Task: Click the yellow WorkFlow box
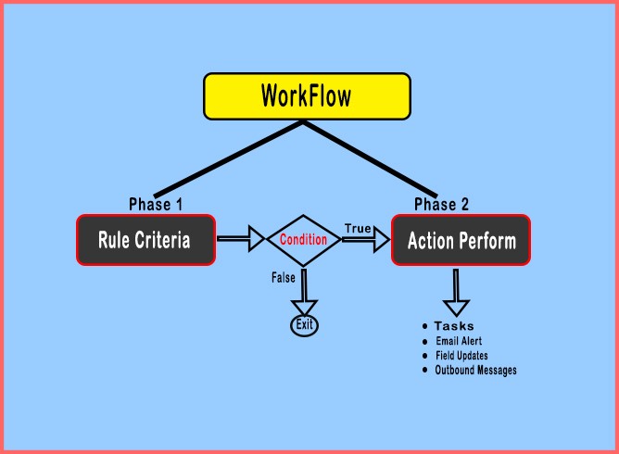tap(307, 97)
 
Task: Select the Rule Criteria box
tap(145, 240)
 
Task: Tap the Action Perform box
tap(461, 241)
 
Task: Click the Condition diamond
tap(303, 240)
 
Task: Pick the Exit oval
tap(303, 324)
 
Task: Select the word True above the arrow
tap(359, 227)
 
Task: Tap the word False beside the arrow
tap(284, 277)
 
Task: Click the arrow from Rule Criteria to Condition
tap(241, 240)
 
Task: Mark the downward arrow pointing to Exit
tap(303, 292)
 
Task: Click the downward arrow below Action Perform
tap(455, 295)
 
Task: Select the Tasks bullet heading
tap(453, 326)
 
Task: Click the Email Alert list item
tap(459, 341)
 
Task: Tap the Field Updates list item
tap(461, 356)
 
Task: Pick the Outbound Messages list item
tap(475, 371)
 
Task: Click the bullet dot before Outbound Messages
tap(424, 370)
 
